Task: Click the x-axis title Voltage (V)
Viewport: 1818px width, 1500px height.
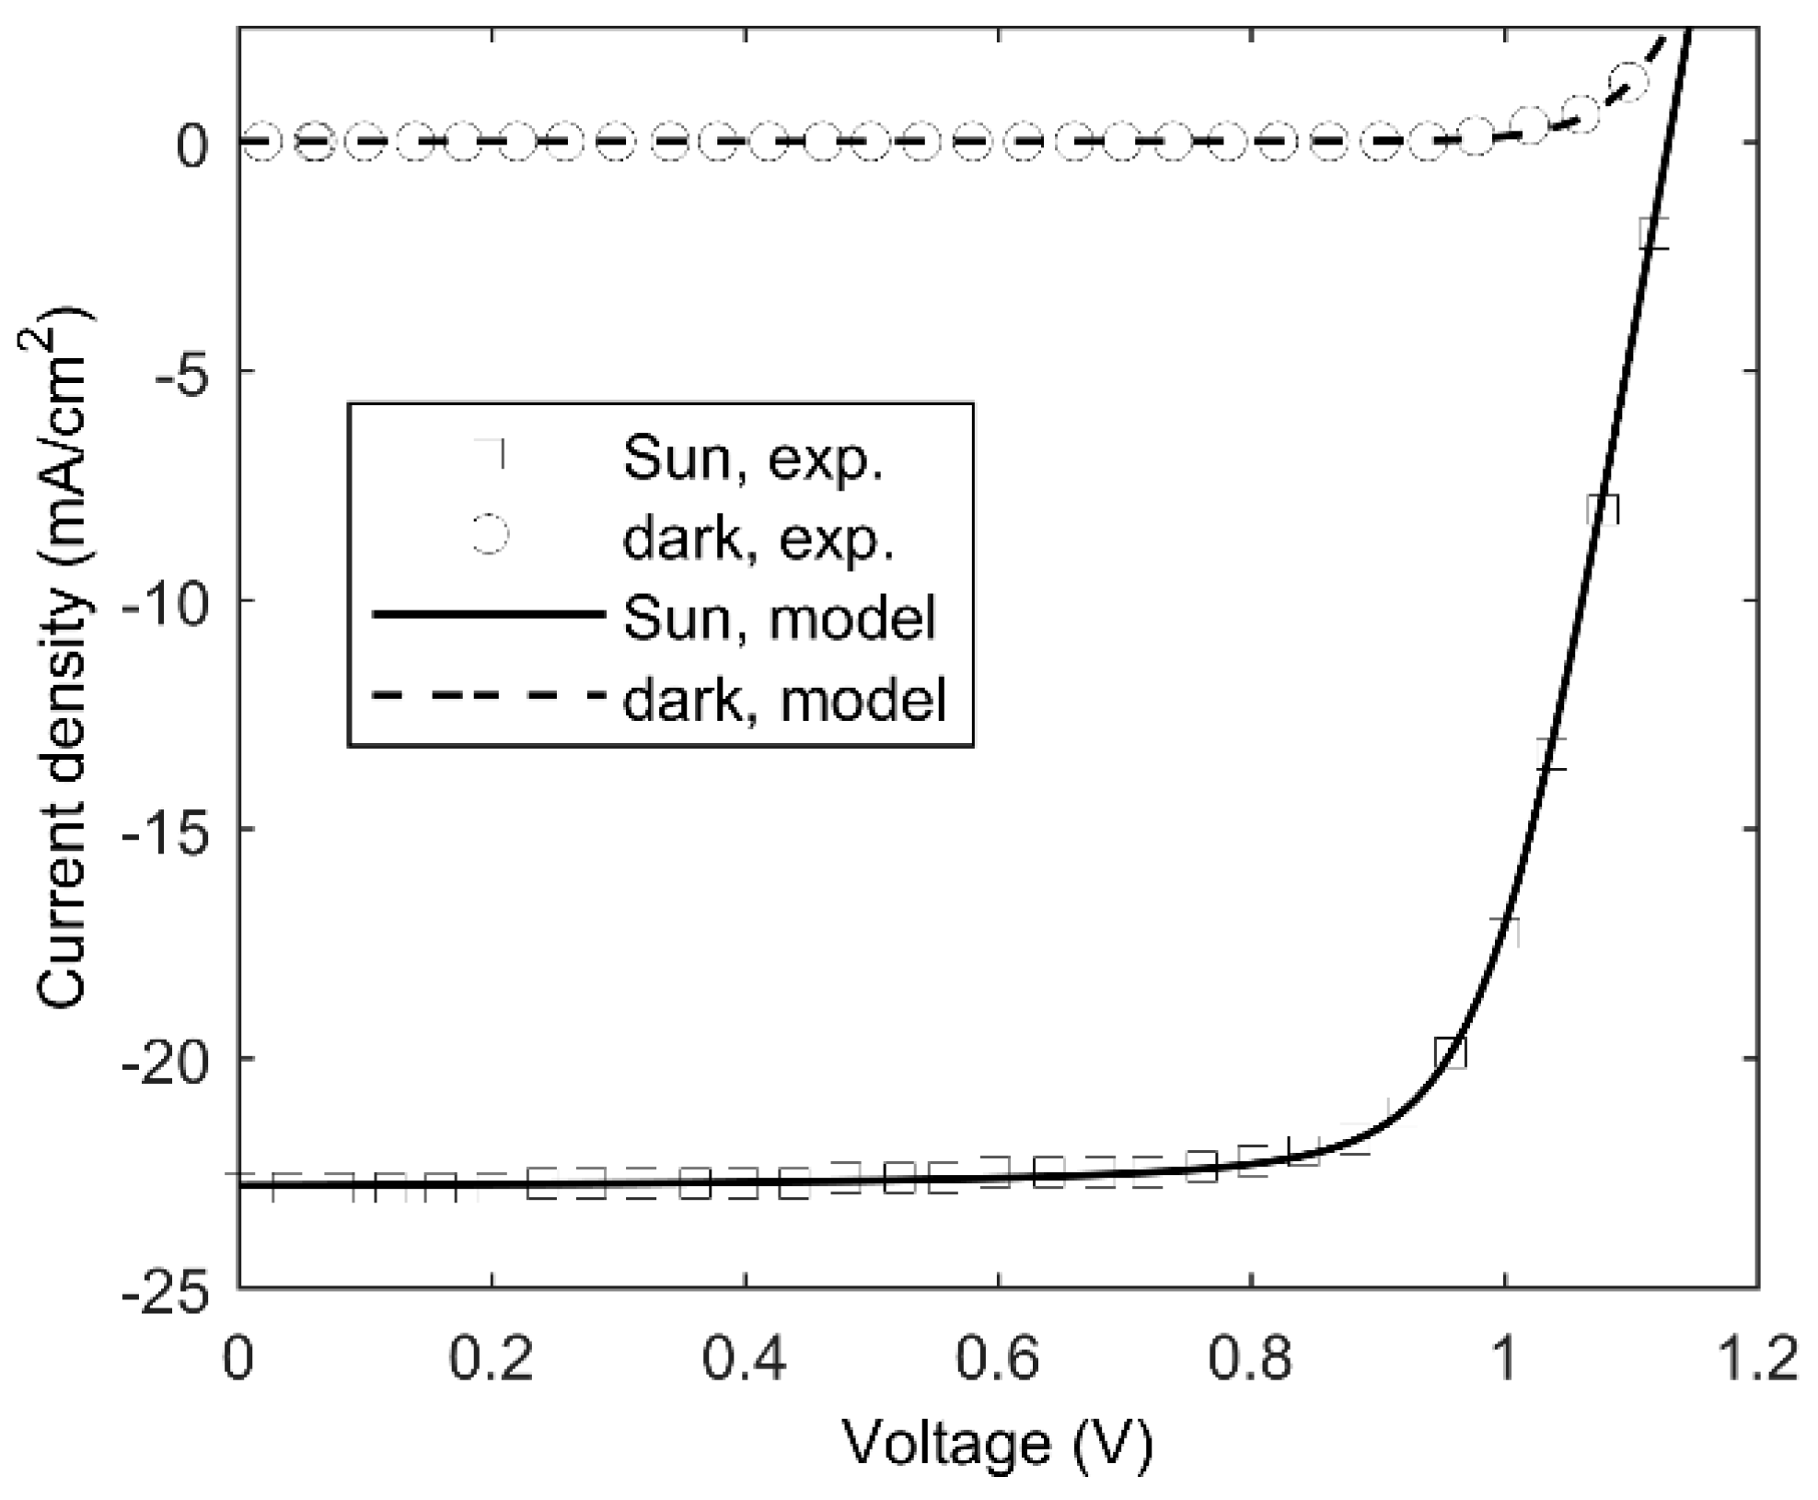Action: click(998, 1444)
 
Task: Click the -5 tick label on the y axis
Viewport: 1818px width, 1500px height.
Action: click(184, 371)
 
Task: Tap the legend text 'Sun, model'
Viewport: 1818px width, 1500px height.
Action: click(779, 616)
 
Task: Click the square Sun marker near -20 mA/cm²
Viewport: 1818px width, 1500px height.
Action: click(1450, 1052)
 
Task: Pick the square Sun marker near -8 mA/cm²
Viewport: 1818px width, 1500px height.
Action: click(1603, 508)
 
